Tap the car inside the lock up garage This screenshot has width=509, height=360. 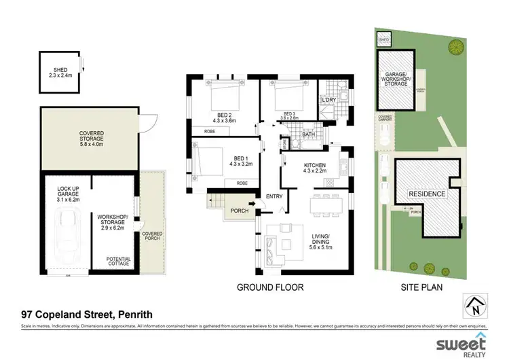(x=68, y=231)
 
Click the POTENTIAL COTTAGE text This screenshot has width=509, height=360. (x=118, y=262)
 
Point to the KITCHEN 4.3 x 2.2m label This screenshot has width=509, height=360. (x=315, y=168)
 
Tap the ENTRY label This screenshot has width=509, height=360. (x=274, y=197)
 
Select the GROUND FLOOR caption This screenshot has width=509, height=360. (x=269, y=287)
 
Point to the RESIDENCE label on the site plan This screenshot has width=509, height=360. (x=427, y=194)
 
